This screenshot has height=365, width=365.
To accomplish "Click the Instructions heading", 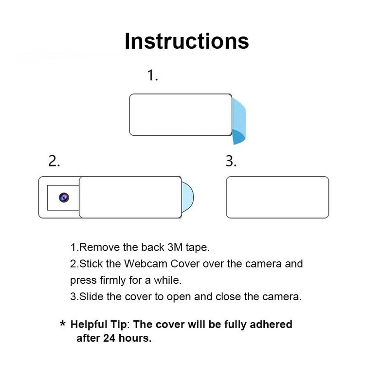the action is coord(187,41).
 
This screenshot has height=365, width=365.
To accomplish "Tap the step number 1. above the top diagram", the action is coord(153,75).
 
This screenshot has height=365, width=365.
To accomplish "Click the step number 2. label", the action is coord(54,161).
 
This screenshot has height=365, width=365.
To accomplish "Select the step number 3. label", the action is coord(231,161).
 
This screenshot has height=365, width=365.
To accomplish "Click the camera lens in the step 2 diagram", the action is coord(64,198).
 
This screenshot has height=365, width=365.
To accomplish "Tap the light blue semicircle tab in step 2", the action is coord(187,197).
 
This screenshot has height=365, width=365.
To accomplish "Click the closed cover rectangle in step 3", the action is coord(277,197).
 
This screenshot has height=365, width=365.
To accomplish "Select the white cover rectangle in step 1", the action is coord(181,115).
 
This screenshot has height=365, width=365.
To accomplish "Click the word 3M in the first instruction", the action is coord(175,247).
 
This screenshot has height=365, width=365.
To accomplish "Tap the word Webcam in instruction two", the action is coord(146,264).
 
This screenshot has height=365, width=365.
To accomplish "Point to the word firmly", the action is coord(113,280).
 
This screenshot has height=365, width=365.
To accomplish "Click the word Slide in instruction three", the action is coord(91,296).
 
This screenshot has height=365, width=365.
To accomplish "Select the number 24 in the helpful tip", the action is coord(109,338).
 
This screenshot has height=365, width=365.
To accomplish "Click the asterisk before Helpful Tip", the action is coord(63,323).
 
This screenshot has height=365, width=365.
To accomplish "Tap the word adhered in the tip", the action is coord(271,324).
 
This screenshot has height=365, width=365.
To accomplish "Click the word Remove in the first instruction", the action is coord(99,247).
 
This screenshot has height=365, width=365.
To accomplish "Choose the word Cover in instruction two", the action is coord(185,264).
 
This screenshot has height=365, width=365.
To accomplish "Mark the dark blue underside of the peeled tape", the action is coord(238,137).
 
